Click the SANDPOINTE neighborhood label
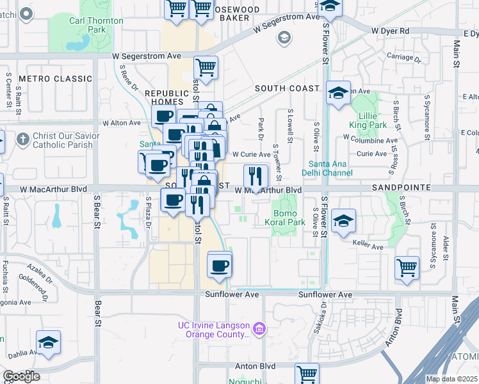point(400,189)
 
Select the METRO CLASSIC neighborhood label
point(56,79)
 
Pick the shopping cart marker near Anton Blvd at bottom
point(307,374)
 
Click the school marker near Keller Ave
point(344,221)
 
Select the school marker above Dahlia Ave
point(48,342)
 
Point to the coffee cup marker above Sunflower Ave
point(219,264)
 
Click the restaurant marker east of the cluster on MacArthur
point(255,175)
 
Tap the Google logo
point(21,376)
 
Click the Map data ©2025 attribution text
point(451,379)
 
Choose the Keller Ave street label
point(368,246)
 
